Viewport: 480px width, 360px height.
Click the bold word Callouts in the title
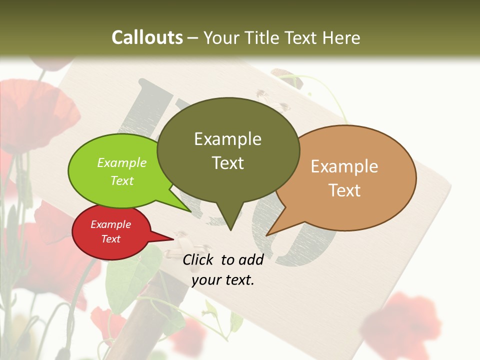147,37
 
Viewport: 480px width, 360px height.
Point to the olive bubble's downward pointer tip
230,229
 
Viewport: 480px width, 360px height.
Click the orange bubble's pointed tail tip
267,234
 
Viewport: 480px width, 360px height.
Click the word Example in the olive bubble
228,139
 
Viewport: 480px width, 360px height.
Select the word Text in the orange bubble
344,190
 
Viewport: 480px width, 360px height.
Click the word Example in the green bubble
122,163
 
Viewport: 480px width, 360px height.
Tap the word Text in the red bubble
111,239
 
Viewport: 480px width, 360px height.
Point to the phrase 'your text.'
223,280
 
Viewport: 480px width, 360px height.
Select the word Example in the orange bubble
344,166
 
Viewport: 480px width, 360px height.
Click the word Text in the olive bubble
228,163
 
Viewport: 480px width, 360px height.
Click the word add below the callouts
251,259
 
